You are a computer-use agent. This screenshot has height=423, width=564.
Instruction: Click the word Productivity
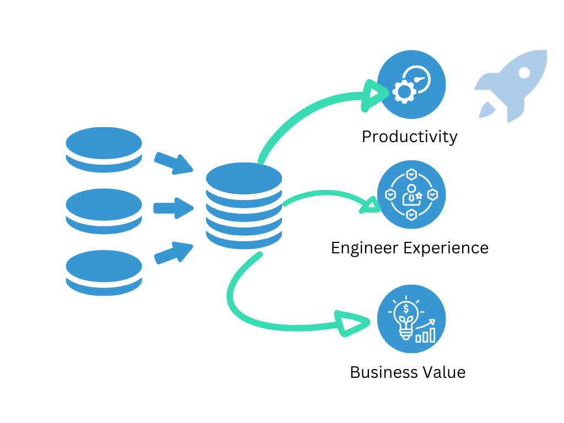click(409, 136)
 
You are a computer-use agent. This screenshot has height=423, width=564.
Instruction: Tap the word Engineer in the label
click(365, 248)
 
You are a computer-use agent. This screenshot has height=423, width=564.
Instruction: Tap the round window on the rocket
click(524, 72)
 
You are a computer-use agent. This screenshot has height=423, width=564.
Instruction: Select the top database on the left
click(104, 149)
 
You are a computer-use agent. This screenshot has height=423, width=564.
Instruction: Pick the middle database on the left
click(104, 211)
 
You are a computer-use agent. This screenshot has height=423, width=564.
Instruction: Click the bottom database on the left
click(104, 273)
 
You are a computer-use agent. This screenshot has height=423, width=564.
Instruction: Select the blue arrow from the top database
click(173, 163)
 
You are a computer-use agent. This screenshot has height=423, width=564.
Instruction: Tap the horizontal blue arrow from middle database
click(173, 208)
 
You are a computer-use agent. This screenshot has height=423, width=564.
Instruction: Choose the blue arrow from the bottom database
click(173, 253)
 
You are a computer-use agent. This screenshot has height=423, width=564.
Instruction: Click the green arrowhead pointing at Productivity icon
click(375, 95)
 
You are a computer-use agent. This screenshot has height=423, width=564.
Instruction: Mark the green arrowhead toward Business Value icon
click(351, 323)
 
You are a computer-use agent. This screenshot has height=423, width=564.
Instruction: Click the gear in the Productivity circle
click(404, 91)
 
